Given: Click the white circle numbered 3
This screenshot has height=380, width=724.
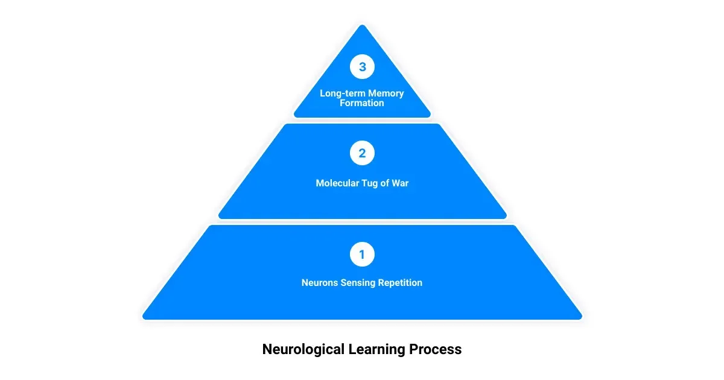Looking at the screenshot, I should (362, 67).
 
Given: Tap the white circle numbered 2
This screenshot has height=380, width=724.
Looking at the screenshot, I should (362, 153).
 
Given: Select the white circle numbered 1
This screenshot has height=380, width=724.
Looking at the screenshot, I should (362, 255).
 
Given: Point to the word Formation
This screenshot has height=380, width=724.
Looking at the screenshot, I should (362, 103).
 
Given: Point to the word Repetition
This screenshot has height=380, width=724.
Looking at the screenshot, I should (400, 282).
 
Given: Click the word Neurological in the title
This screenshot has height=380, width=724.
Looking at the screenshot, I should (304, 349).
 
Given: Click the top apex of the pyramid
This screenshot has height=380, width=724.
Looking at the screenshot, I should (362, 26).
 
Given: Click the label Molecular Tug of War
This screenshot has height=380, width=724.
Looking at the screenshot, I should (362, 183).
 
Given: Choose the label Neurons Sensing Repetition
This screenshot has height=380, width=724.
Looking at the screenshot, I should (362, 282).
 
